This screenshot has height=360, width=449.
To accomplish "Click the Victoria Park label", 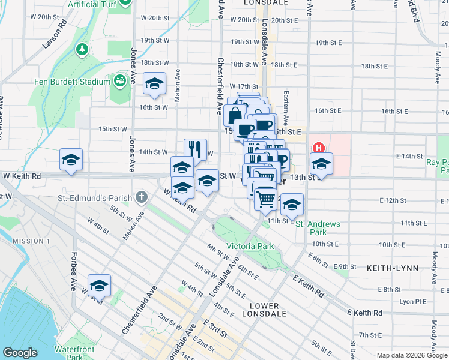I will click(250, 246).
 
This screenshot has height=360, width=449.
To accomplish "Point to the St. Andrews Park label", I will click(318, 228).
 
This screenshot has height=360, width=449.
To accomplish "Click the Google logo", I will click(20, 353).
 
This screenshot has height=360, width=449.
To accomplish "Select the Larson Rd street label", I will click(56, 37).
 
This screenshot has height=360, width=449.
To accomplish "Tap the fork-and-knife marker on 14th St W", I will click(195, 149).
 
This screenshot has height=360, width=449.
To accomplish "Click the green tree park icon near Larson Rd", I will click(82, 48).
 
